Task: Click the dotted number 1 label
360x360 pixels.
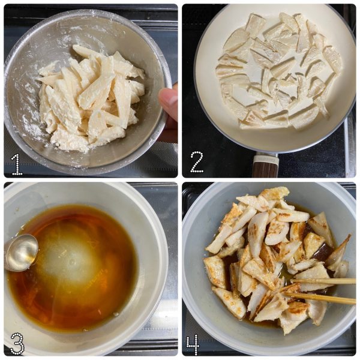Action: (x=17, y=164)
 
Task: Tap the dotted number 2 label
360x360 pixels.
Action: (x=197, y=162)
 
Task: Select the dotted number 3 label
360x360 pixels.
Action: (x=17, y=343)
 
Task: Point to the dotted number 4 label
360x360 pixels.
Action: (x=193, y=345)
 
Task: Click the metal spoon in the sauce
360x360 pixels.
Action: (x=20, y=253)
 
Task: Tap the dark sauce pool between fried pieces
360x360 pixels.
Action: (x=324, y=253)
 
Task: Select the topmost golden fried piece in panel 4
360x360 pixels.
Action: (x=274, y=193)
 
